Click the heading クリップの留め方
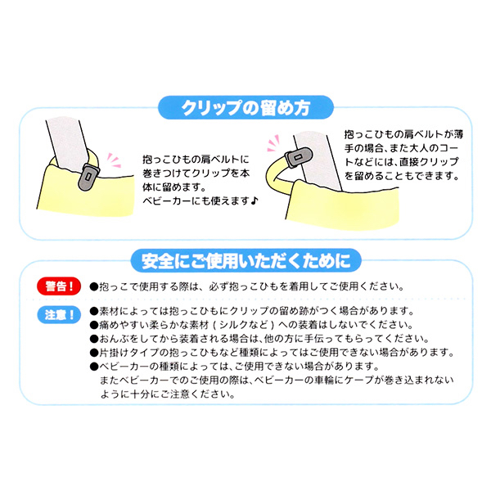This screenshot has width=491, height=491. [x=245, y=107]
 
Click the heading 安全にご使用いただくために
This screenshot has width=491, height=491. [x=245, y=261]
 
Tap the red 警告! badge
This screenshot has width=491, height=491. [x=60, y=287]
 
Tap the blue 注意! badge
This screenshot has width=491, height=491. [x=60, y=314]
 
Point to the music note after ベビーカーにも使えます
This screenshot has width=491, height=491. [x=255, y=200]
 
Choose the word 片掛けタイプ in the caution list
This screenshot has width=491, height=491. [x=127, y=353]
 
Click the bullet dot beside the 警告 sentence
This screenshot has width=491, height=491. [x=93, y=287]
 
